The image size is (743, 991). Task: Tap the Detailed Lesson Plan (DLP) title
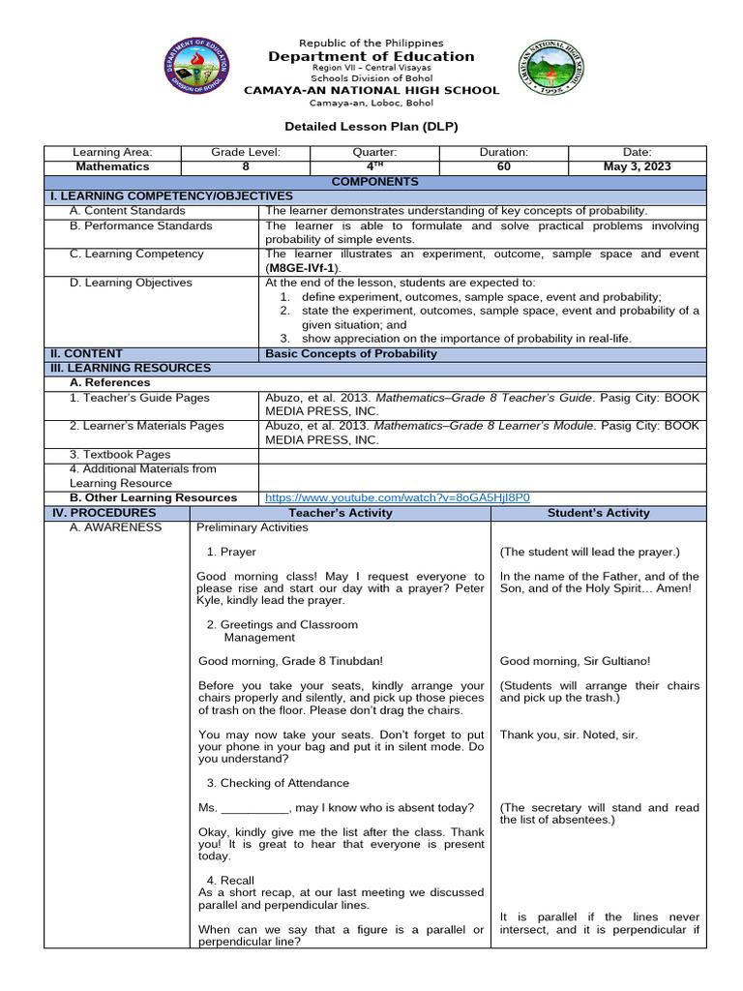point(371,127)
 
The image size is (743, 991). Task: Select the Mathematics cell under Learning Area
point(112,166)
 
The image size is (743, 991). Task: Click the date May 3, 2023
point(637,166)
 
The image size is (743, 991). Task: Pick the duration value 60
point(503,166)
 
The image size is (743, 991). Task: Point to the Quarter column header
point(374,153)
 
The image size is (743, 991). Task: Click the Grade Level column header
point(246,153)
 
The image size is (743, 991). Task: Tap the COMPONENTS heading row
point(375,181)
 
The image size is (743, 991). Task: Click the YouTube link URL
point(398,497)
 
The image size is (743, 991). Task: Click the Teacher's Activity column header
point(342,513)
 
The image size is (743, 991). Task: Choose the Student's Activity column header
point(599,513)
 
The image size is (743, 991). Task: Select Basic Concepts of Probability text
point(351,353)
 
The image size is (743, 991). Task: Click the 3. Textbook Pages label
point(120,454)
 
